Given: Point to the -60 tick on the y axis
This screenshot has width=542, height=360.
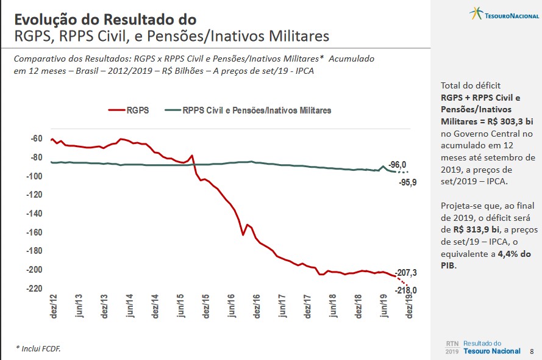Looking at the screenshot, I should point(36,139).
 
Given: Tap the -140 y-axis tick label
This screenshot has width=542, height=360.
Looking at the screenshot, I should point(34,214).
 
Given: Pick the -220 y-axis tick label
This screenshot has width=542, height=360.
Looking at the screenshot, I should point(34,289).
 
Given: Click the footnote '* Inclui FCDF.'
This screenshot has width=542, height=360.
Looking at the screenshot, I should point(38,348).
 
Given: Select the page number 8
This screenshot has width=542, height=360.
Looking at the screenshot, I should point(532,351).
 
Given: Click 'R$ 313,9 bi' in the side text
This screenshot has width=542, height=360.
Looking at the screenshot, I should point(473,229).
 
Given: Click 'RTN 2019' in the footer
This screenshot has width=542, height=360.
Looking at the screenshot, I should point(452,347).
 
